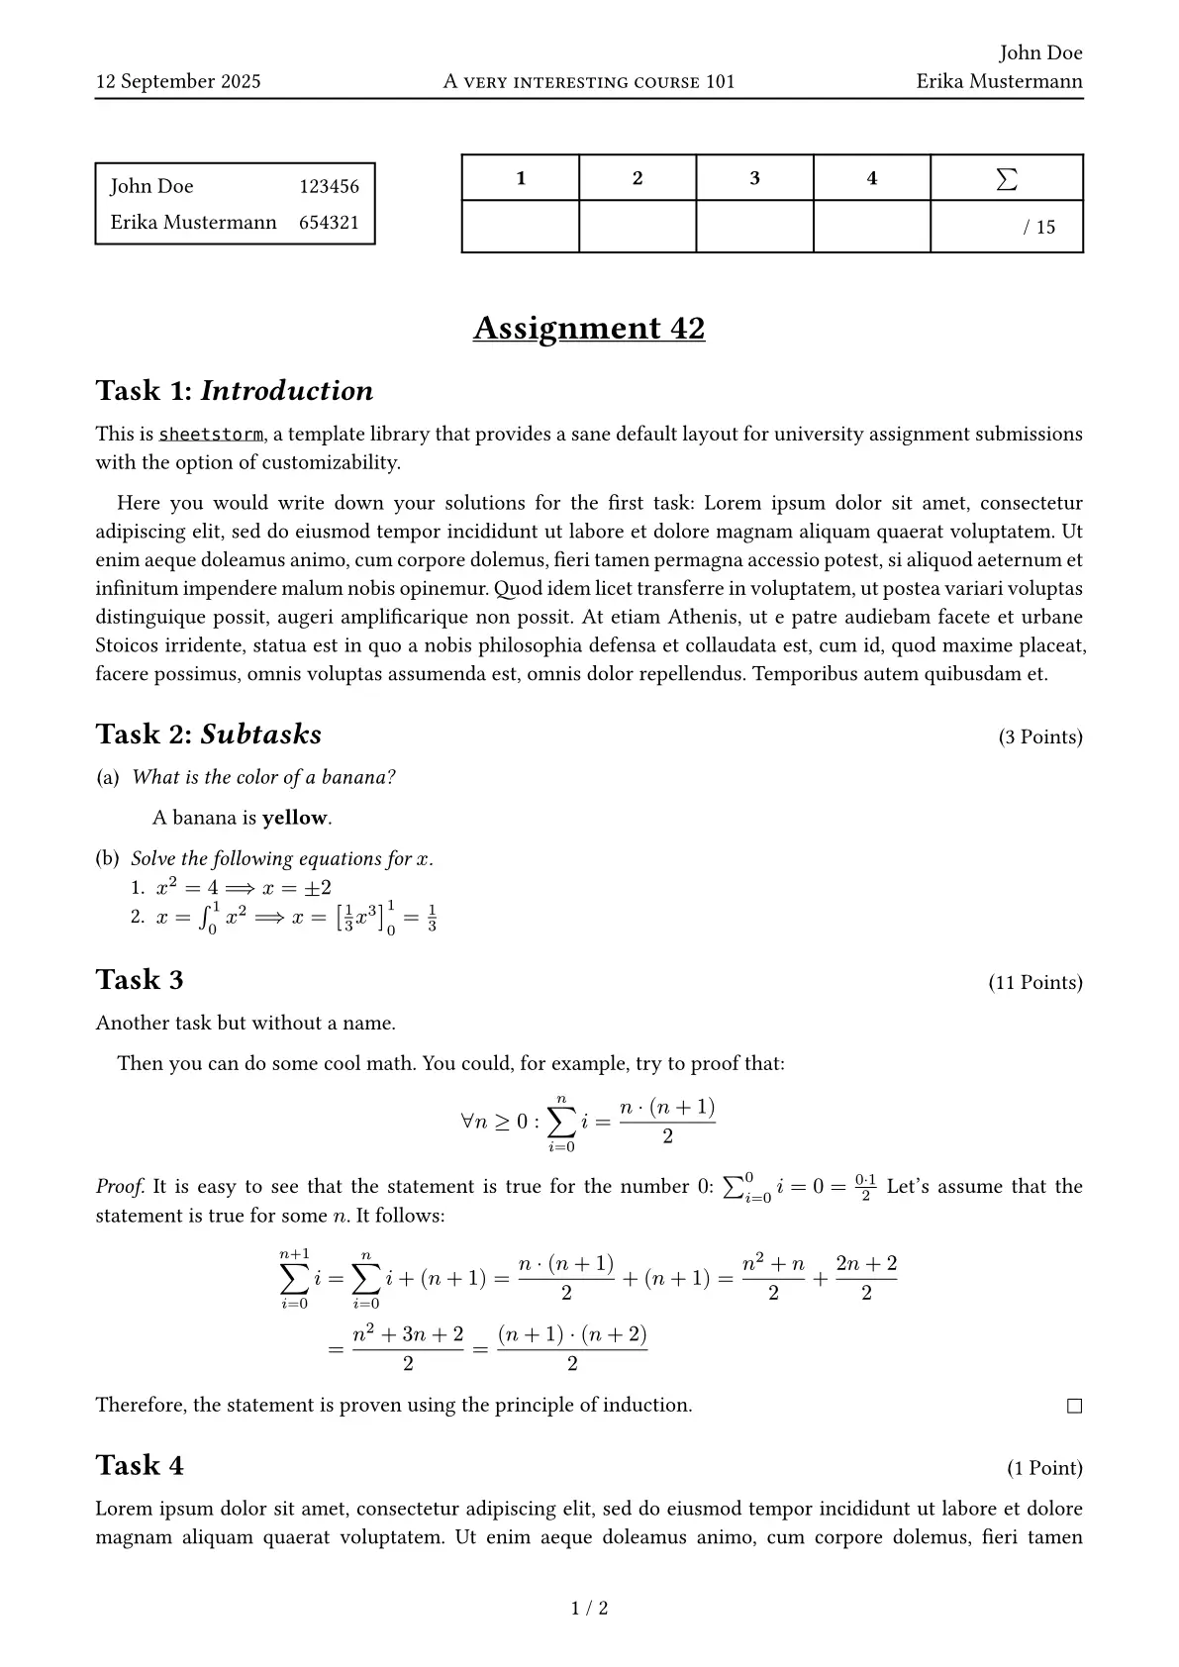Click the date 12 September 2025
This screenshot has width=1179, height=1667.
click(x=178, y=81)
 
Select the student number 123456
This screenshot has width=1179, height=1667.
click(x=329, y=186)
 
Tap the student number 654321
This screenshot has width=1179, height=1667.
click(x=329, y=223)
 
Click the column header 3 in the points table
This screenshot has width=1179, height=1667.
click(x=754, y=178)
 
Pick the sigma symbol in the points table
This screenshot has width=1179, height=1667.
click(x=1006, y=179)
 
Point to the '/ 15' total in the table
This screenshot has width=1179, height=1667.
click(x=1039, y=227)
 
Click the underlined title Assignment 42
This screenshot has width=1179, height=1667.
click(x=589, y=328)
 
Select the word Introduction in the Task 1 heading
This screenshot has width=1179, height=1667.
click(x=287, y=391)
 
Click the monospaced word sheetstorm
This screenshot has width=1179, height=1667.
click(x=211, y=434)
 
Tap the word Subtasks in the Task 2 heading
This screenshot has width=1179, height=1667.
click(x=261, y=735)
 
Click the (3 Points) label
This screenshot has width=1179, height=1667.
click(x=1040, y=737)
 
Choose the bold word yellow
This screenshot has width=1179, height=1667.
click(x=294, y=818)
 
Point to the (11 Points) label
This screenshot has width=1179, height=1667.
click(x=1035, y=983)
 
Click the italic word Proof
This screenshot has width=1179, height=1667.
click(x=120, y=1187)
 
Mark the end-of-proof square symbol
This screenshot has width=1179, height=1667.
click(x=1074, y=1406)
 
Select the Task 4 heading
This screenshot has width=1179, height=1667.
click(x=140, y=1465)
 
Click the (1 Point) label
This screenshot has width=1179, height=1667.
click(x=1044, y=1468)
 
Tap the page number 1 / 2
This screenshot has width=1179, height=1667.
click(x=590, y=1609)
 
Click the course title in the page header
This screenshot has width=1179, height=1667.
click(x=589, y=81)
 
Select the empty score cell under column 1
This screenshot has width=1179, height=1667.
click(x=521, y=227)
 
